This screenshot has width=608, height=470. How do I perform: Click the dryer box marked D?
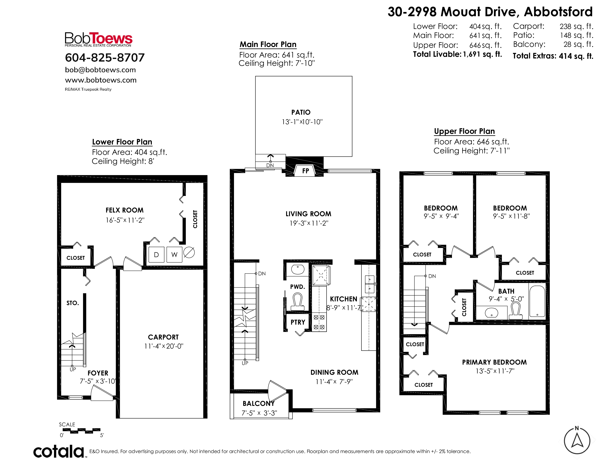156,255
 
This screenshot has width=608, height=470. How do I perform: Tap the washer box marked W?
174,255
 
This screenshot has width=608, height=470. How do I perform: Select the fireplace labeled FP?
305,171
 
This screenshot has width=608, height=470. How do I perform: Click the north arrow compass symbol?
577,441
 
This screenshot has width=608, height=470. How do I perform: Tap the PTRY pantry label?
298,322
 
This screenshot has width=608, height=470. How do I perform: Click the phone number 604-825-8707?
105,58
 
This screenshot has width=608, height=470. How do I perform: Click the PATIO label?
301,112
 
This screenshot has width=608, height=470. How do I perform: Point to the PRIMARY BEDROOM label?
495,362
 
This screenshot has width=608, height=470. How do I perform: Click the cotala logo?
59,451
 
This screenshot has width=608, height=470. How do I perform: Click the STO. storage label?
73,303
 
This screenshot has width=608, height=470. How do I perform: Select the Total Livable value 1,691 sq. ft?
483,54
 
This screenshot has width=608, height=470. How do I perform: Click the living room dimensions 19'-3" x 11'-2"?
309,223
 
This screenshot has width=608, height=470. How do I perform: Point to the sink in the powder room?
298,269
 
